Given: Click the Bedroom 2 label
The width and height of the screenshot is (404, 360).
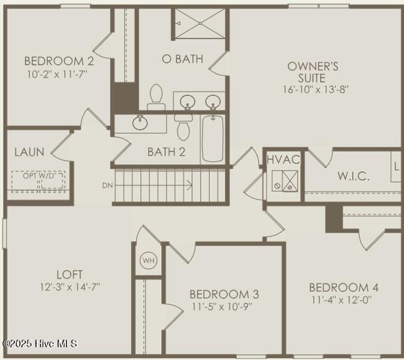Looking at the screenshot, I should [x=59, y=61].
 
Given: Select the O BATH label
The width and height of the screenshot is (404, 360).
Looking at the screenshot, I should [x=182, y=59].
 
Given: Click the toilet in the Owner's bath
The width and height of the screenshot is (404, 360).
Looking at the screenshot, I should [x=156, y=97].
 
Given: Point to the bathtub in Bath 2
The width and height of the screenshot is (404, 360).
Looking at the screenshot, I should [x=213, y=138].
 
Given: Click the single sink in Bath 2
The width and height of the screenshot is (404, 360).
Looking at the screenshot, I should [x=140, y=123].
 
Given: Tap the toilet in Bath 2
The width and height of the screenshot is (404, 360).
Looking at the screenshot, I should [x=183, y=127].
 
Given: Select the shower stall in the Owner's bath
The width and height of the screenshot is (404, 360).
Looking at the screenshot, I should [x=200, y=24].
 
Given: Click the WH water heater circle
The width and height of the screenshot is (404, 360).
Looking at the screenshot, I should [x=148, y=260].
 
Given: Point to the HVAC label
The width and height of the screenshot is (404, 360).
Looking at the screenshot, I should [x=283, y=160].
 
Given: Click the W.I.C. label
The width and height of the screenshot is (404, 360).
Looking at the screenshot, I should [x=353, y=176].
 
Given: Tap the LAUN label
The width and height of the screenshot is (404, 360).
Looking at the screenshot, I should [x=29, y=152].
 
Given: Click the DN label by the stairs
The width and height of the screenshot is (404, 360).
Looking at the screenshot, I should [x=107, y=185].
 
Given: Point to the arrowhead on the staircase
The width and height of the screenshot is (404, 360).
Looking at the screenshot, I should [x=190, y=185].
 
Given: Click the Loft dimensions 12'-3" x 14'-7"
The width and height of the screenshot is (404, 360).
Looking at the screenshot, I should [x=70, y=287].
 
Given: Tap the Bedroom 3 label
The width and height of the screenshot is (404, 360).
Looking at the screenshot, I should [x=224, y=294].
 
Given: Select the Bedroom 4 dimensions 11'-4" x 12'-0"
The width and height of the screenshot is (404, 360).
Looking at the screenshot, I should [x=342, y=300].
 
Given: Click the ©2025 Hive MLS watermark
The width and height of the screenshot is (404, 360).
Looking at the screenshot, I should [x=40, y=343].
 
